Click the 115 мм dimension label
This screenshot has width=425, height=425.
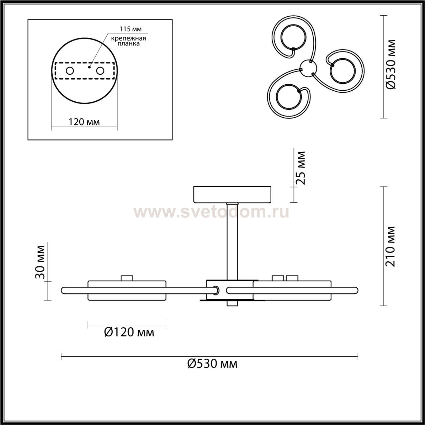(x=130, y=29)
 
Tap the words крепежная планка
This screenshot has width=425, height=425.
(x=128, y=41)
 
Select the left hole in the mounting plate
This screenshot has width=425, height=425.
(x=70, y=71)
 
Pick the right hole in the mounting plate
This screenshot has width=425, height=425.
(x=100, y=71)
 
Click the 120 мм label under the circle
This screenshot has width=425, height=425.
(x=84, y=122)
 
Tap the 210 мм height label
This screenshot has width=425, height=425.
(x=390, y=246)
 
